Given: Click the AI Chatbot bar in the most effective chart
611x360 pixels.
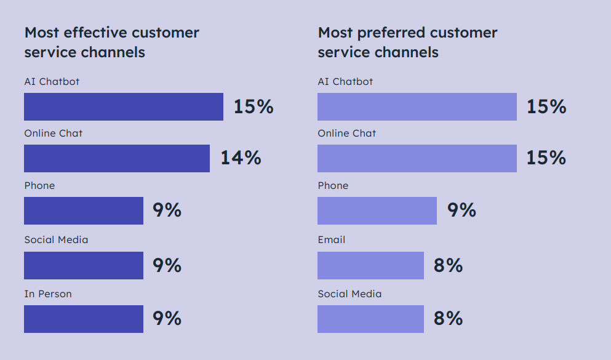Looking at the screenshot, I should click(123, 106).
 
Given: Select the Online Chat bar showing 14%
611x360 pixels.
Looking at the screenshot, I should click(117, 158).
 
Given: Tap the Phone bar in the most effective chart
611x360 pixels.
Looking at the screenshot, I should click(84, 210).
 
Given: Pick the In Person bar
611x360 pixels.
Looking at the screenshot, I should click(84, 319).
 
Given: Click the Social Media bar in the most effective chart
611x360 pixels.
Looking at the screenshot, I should click(84, 265).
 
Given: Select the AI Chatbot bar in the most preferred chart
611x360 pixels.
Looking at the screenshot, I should click(417, 106).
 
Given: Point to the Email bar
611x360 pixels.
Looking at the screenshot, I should click(370, 265).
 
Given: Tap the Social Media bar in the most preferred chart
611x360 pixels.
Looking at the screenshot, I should click(370, 319).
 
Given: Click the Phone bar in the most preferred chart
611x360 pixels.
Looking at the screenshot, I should click(377, 210).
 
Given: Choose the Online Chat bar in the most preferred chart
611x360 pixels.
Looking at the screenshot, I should click(417, 158).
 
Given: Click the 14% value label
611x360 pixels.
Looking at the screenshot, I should click(241, 158).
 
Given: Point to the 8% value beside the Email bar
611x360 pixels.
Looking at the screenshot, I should click(448, 265).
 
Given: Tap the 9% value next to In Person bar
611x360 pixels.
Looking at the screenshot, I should click(167, 319).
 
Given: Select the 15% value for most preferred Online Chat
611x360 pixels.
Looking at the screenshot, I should click(546, 158).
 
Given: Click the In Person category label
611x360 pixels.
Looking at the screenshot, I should click(48, 294).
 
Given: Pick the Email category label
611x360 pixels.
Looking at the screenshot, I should click(331, 240).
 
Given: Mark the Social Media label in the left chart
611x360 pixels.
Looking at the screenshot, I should click(56, 240).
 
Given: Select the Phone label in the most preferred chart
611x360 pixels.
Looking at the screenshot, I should click(333, 186).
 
